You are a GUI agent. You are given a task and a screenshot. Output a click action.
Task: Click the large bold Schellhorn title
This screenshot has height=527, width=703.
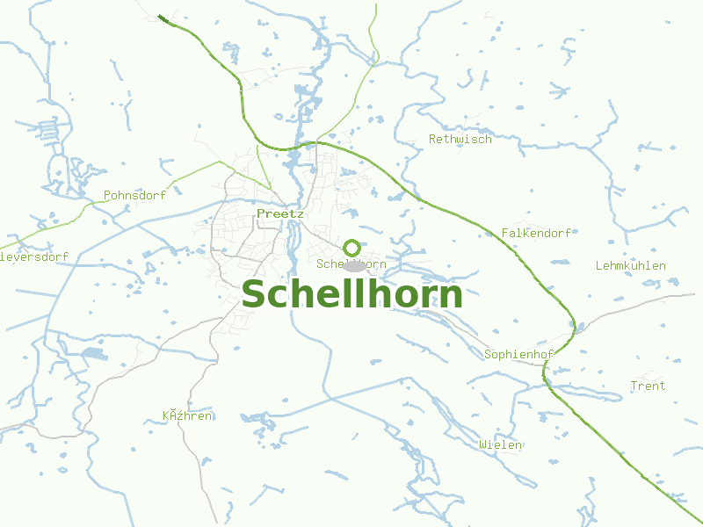pyautogui.click(x=352, y=294)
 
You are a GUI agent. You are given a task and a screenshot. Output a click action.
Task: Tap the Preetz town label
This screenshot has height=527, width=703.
pyautogui.click(x=280, y=213)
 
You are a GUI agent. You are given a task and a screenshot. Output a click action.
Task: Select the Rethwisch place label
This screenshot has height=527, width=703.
pyautogui.click(x=460, y=139)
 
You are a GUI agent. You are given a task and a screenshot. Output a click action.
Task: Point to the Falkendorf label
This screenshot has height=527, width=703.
pyautogui.click(x=536, y=233)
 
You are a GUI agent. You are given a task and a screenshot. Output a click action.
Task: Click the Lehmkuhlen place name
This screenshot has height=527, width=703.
pyautogui.click(x=630, y=265)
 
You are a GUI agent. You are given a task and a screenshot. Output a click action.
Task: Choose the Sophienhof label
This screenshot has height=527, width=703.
pyautogui.click(x=518, y=355)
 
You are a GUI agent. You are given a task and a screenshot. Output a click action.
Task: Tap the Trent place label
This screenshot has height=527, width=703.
pyautogui.click(x=648, y=386)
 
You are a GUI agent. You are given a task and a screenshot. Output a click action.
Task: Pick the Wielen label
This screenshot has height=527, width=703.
pyautogui.click(x=501, y=444)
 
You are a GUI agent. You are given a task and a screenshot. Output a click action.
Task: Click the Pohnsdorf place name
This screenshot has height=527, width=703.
pyautogui.click(x=134, y=195)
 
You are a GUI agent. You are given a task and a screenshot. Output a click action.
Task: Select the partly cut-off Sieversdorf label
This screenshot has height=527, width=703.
pyautogui.click(x=33, y=257)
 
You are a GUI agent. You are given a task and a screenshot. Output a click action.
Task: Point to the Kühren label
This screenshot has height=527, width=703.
pyautogui.click(x=187, y=415)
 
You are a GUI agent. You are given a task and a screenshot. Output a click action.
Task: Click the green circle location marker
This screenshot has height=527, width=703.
pyautogui.click(x=351, y=248)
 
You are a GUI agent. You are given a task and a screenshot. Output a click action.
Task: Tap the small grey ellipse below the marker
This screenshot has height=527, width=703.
pyautogui.click(x=354, y=265)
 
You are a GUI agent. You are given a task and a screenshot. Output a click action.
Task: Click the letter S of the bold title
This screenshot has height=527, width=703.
pyautogui.click(x=254, y=295)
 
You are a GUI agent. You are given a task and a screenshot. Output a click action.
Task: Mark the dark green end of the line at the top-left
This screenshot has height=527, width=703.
pyautogui.click(x=162, y=17)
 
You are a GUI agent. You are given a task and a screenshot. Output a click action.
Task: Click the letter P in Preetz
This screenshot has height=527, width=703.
pyautogui.click(x=261, y=213)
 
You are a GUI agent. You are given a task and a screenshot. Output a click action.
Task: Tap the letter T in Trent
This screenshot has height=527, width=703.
pyautogui.click(x=634, y=386)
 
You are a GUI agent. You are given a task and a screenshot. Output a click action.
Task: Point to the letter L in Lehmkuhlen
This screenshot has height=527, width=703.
pyautogui.click(x=598, y=265)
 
